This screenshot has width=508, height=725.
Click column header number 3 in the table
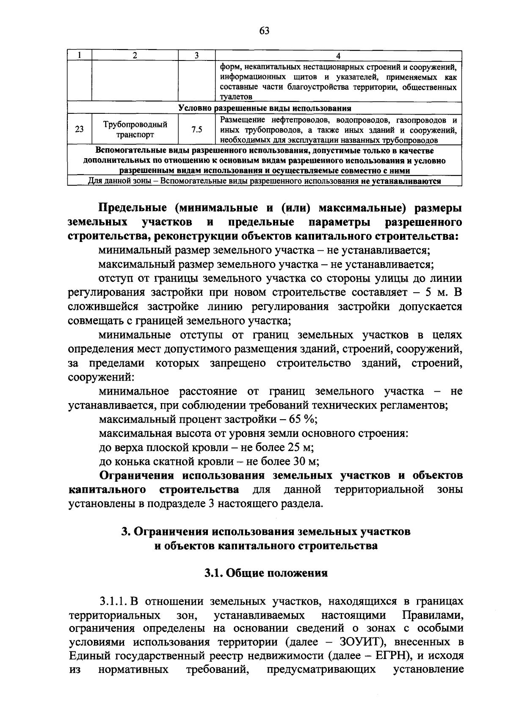coord(196,56)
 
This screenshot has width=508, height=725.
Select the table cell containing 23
coord(79,130)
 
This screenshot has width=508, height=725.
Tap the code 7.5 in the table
coord(196,130)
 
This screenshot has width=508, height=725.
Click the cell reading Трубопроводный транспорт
coord(135,130)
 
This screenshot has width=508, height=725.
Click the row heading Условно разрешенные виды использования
coord(265,108)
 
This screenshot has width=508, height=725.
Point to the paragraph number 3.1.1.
coord(113,601)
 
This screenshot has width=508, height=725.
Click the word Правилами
coord(433,615)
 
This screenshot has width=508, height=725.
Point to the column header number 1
coord(79,56)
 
